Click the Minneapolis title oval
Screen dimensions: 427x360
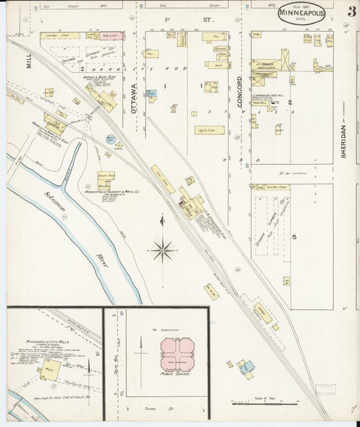coord(301,14)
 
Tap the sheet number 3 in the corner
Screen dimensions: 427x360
coord(351,12)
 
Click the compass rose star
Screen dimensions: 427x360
coord(162,251)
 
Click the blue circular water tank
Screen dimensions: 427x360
coord(111,140)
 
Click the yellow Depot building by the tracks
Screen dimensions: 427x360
coord(262,313)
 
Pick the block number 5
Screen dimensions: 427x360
coord(294,236)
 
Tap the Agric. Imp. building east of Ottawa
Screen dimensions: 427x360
coord(209,129)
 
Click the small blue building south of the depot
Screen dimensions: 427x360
coord(247,366)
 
